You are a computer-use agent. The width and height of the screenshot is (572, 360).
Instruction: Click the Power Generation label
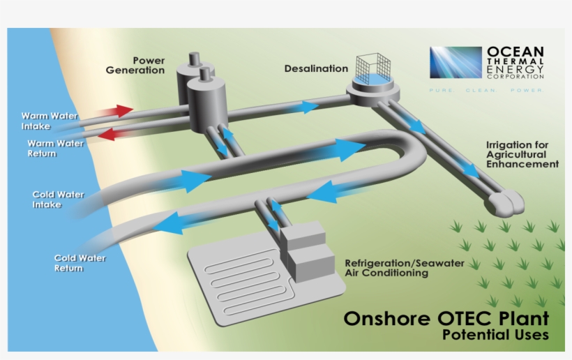click(x=135, y=66)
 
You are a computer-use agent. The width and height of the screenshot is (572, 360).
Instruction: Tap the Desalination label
click(x=316, y=68)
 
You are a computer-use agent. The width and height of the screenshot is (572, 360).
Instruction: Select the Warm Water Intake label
click(x=50, y=121)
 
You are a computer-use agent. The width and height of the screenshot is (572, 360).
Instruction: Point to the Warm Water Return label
click(x=55, y=149)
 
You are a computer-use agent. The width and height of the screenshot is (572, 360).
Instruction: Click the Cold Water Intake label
click(x=58, y=200)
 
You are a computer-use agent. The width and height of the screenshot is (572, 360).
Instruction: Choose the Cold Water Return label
click(x=80, y=263)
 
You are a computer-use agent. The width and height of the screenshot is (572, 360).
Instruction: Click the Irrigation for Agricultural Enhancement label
click(x=522, y=155)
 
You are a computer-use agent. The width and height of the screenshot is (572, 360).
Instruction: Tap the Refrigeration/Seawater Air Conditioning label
click(x=405, y=268)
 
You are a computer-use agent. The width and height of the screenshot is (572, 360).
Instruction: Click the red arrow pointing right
click(x=115, y=111)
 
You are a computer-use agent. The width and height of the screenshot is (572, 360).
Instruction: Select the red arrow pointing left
click(x=114, y=134)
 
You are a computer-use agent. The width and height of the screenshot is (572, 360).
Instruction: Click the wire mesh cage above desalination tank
click(x=373, y=67)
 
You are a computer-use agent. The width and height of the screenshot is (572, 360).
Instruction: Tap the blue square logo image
click(x=456, y=62)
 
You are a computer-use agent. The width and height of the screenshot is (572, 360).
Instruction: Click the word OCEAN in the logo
click(x=515, y=52)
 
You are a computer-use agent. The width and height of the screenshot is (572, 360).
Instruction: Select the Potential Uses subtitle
click(x=495, y=334)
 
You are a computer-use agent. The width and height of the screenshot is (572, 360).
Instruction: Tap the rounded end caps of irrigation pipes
click(x=506, y=203)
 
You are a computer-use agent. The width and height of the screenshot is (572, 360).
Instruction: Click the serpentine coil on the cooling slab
click(x=246, y=280)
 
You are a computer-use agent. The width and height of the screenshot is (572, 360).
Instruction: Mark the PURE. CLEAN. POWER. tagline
click(x=486, y=90)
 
